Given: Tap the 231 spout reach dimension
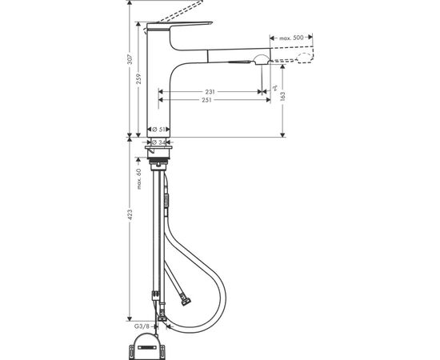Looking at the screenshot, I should [208, 91].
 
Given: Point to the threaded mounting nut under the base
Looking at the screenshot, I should [159, 163].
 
